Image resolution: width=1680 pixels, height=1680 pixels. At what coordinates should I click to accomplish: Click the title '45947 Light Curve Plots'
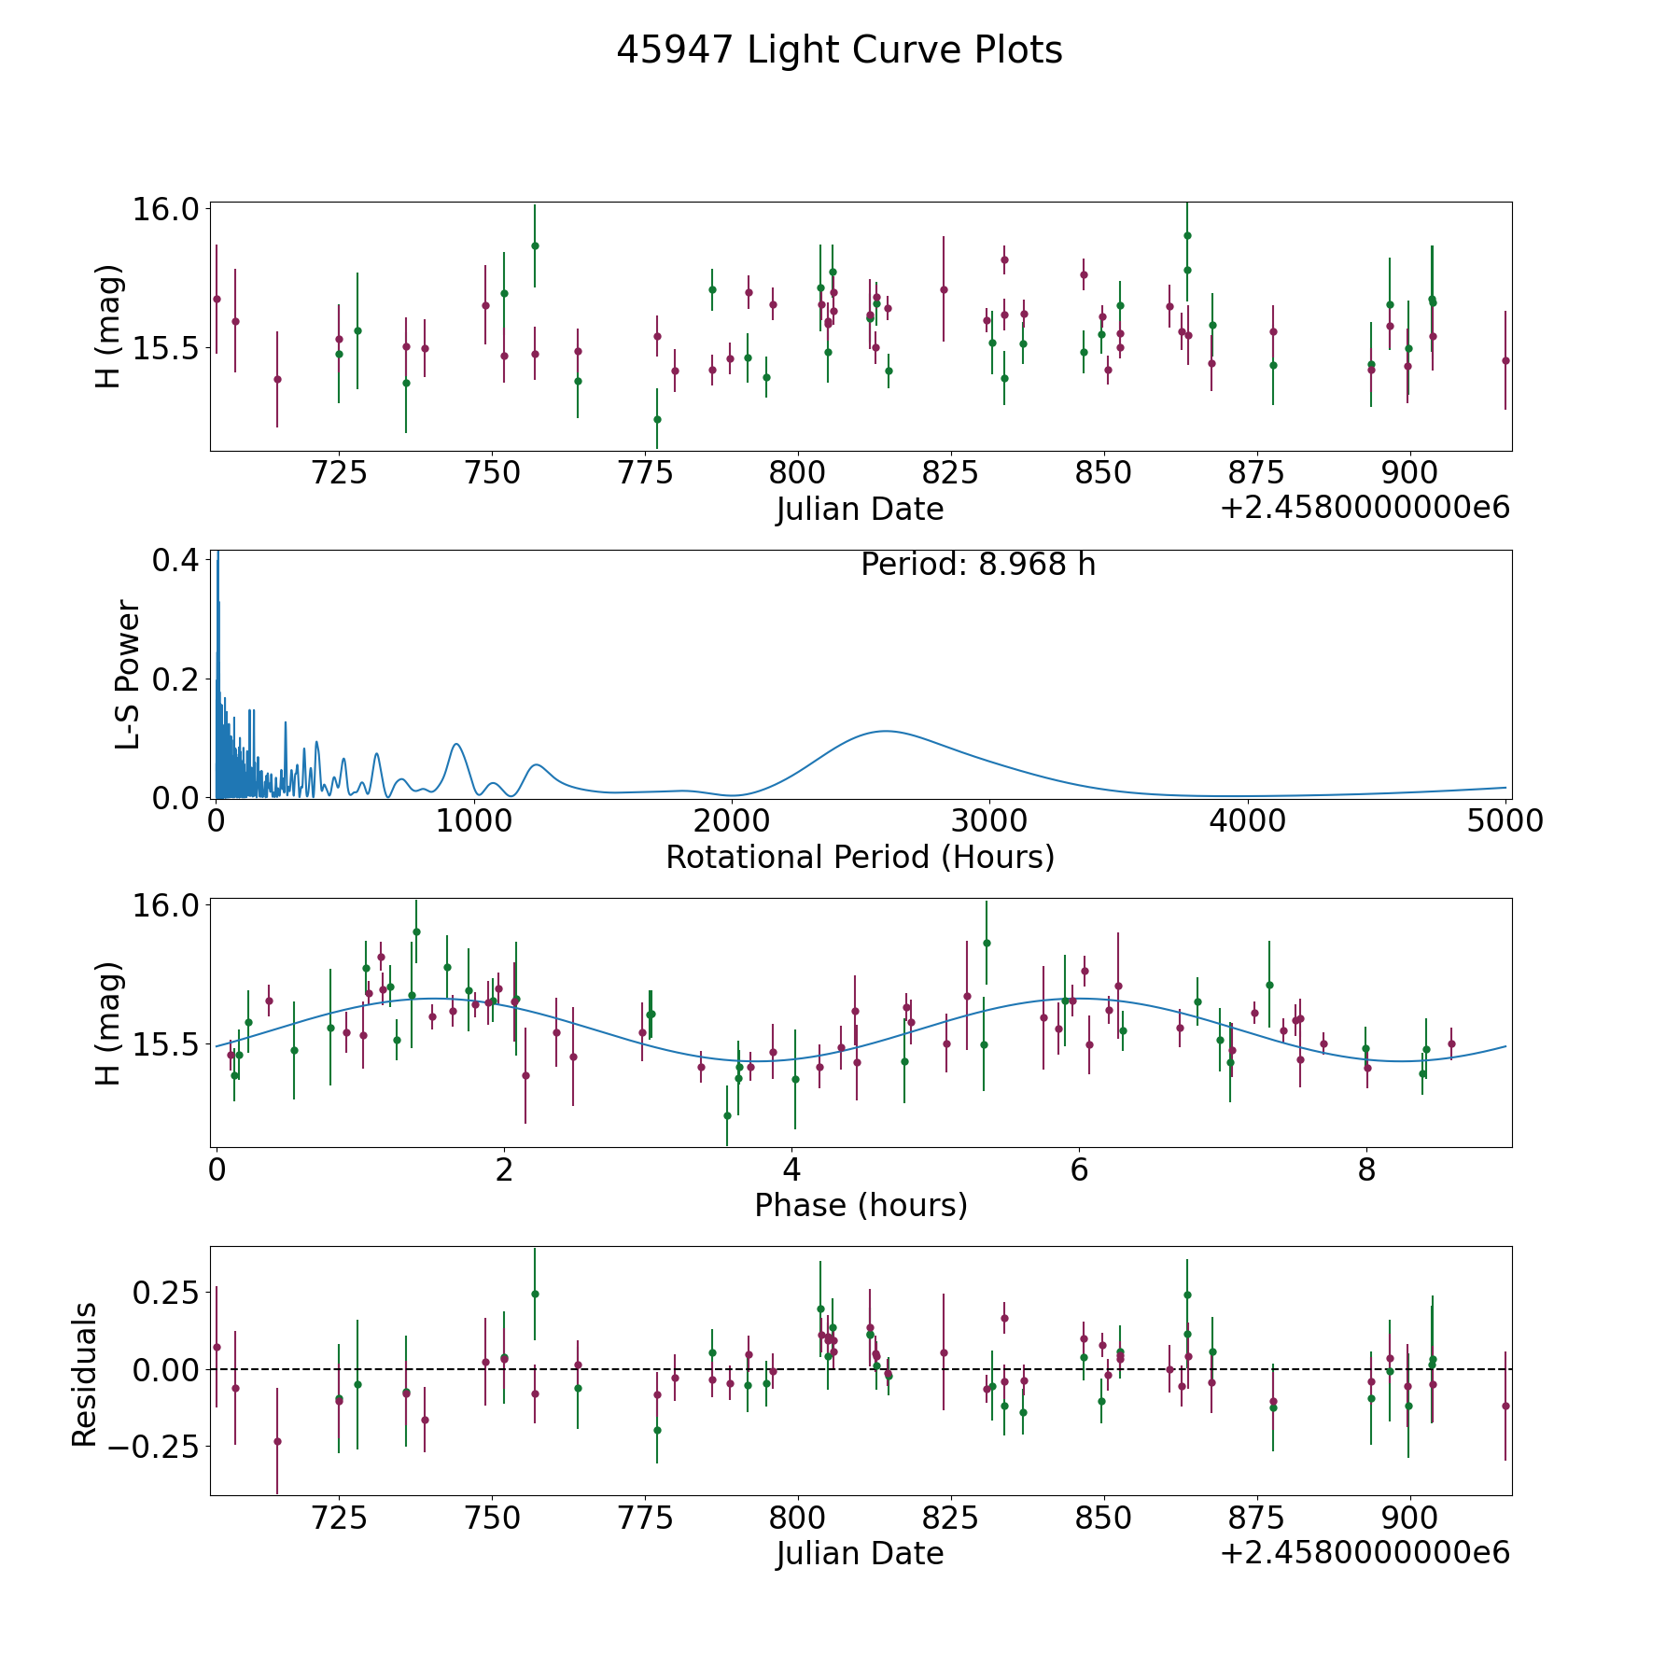click(839, 50)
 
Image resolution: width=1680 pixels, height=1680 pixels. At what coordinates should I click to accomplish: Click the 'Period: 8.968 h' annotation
click(977, 565)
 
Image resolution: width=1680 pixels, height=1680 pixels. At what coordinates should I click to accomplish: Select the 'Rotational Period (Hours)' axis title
click(860, 857)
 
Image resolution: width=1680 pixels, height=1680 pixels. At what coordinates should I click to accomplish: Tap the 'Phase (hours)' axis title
click(861, 1205)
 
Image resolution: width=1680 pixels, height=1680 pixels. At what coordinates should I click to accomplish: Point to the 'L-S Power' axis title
click(128, 675)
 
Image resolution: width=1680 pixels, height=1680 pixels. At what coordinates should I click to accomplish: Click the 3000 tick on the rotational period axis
click(989, 821)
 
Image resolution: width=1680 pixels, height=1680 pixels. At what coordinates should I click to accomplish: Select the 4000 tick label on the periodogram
click(1247, 821)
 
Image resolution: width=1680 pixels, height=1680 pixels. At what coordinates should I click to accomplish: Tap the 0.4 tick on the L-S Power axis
click(175, 560)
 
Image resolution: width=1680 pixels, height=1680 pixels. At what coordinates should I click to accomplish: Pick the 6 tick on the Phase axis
click(1079, 1169)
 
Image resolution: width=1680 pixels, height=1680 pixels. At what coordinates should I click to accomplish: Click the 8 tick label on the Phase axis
click(1366, 1169)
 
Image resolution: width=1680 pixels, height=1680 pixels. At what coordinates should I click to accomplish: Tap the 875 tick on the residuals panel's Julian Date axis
click(1256, 1518)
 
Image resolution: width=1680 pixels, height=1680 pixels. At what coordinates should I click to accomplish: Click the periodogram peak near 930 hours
click(455, 744)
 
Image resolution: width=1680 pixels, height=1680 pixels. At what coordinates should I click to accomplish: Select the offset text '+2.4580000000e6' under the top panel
click(1365, 509)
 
